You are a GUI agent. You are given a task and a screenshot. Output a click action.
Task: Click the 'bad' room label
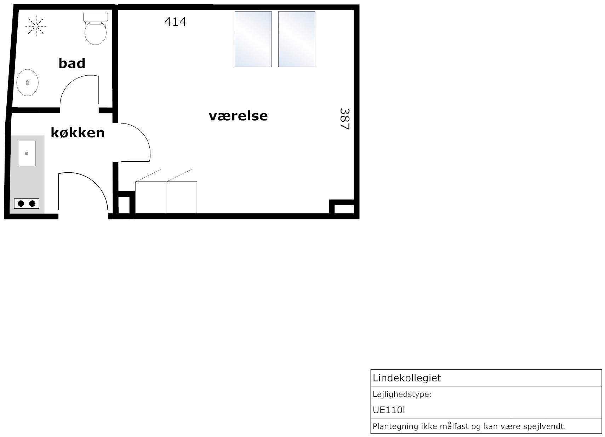point(72,63)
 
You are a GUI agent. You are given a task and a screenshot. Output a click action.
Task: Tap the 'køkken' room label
point(78,133)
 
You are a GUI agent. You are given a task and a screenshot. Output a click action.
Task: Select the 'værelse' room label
point(238,116)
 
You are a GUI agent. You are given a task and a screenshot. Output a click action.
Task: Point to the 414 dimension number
point(175,22)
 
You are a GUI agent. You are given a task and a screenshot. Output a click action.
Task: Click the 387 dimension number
point(345,119)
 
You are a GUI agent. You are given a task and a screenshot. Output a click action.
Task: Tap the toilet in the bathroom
point(95,28)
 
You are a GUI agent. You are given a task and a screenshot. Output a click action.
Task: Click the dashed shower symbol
point(36,26)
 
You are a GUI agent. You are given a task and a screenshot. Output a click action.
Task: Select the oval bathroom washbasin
point(27,82)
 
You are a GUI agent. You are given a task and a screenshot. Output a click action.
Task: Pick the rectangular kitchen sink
point(27,153)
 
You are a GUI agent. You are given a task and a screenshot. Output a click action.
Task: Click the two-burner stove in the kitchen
point(27,203)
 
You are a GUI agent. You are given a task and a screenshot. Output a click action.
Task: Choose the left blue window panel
point(253,39)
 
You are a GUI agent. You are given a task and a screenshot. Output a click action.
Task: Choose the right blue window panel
point(297,39)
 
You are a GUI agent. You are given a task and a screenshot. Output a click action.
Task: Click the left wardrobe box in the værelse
point(151,197)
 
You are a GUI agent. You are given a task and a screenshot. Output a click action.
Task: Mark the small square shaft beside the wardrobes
point(124,205)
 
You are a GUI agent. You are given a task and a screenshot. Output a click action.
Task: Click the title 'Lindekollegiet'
point(407,378)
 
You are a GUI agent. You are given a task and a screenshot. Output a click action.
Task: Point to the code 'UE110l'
point(389,410)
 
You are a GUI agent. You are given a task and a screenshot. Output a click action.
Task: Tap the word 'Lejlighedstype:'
point(402,394)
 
